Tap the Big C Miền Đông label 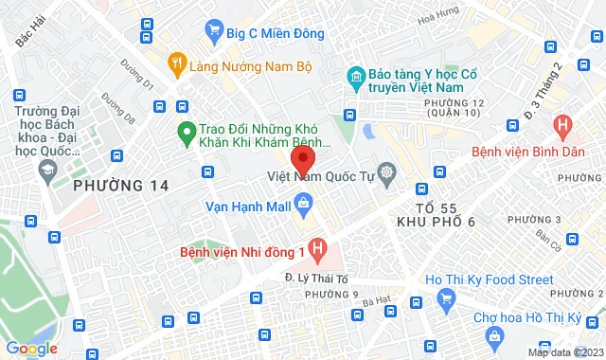275,33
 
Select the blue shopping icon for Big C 215,33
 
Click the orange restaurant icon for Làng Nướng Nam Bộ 176,65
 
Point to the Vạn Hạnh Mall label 249,202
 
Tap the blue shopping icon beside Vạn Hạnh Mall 303,202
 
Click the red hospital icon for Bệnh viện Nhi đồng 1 319,251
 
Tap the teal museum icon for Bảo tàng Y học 356,76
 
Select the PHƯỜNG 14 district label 123,185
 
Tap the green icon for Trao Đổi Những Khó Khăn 187,133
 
